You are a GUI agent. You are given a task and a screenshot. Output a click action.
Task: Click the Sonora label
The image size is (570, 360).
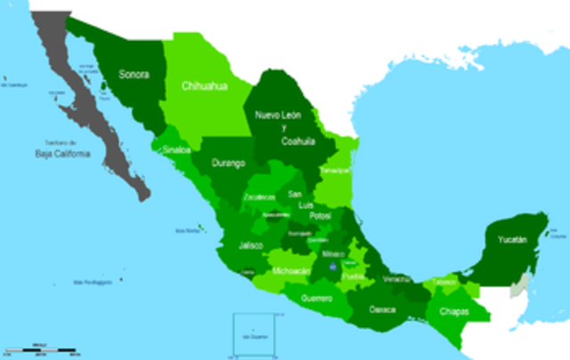click(134, 76)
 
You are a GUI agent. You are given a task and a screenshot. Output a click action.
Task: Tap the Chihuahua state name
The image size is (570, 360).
click(205, 86)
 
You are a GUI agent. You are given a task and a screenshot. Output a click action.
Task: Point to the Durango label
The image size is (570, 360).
click(228, 164)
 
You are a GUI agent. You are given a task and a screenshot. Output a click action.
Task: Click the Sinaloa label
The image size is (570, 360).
click(176, 150)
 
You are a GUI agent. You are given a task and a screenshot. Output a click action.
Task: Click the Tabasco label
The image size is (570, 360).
click(444, 282)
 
